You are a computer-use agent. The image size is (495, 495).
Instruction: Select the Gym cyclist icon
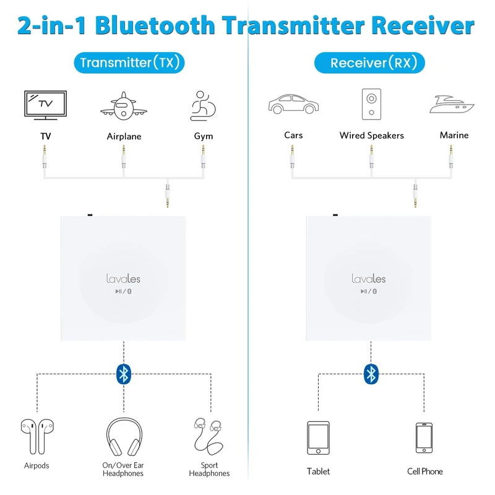[202, 105]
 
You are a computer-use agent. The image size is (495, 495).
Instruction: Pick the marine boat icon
[454, 103]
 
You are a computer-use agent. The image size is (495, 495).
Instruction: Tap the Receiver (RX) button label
[370, 62]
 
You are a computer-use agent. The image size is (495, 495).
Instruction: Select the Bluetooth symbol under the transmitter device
[124, 372]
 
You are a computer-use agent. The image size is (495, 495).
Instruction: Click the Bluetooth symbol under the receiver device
[371, 372]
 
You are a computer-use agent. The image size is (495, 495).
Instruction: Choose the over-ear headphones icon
[124, 436]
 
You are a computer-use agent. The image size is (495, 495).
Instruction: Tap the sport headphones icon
[208, 436]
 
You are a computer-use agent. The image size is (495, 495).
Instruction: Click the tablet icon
[318, 438]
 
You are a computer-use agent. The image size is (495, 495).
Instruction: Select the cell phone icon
[424, 438]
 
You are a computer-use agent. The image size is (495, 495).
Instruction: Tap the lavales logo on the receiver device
[368, 279]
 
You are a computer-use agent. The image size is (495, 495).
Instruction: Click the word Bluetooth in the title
[155, 25]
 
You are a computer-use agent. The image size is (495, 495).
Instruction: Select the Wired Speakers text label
[371, 136]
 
